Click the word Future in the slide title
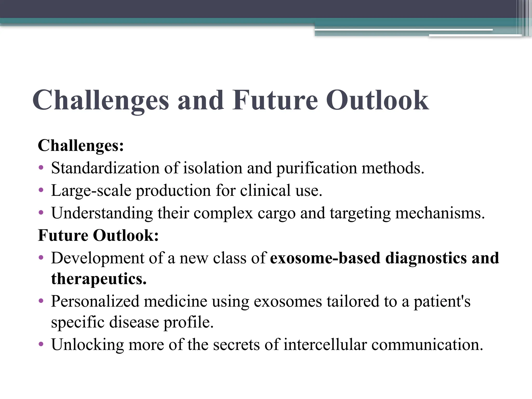(x=275, y=100)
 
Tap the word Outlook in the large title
(x=377, y=100)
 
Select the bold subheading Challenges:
(x=81, y=145)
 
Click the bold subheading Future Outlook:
(x=98, y=235)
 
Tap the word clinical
(x=265, y=190)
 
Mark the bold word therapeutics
(x=99, y=279)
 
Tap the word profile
(x=188, y=322)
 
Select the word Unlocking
(x=87, y=345)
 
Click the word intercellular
(x=325, y=344)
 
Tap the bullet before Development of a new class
(x=41, y=258)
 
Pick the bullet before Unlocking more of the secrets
(x=41, y=344)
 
